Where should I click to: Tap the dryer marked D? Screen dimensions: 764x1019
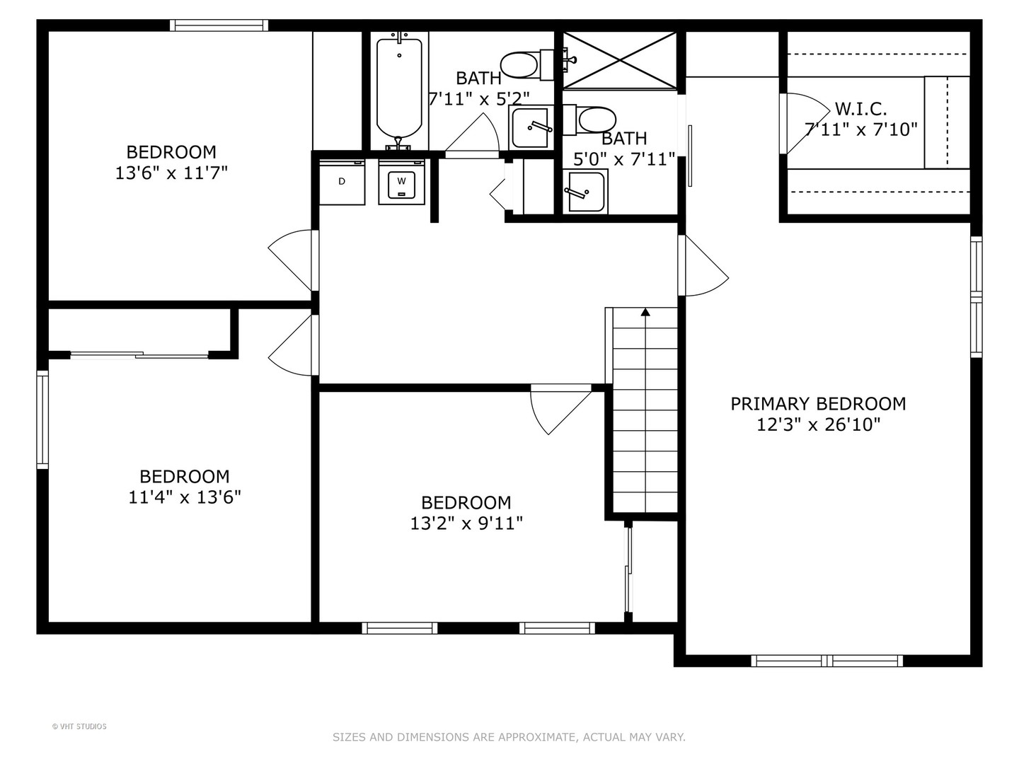coord(342,183)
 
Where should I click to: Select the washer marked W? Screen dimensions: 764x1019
coord(401,183)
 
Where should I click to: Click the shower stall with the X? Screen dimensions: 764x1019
coord(620,60)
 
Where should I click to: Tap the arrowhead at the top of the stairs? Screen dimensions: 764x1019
coord(645,311)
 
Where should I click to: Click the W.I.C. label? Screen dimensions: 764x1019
coord(860,109)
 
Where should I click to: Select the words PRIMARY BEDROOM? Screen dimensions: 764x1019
coord(818,404)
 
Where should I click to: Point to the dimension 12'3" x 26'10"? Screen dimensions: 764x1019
coord(818,424)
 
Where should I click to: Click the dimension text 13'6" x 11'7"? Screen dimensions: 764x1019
coord(171,173)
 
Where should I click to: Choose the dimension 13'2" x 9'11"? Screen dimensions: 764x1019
coord(466,523)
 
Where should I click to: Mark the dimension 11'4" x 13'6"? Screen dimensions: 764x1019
coord(185,497)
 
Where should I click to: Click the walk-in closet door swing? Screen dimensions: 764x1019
coord(805,124)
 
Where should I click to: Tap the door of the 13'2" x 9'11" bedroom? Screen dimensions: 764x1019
coord(560,410)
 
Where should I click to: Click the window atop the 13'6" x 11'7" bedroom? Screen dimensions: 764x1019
coord(219,25)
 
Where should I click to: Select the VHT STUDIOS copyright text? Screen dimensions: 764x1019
coord(79,727)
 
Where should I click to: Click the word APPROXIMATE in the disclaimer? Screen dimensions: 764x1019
coord(536,737)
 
